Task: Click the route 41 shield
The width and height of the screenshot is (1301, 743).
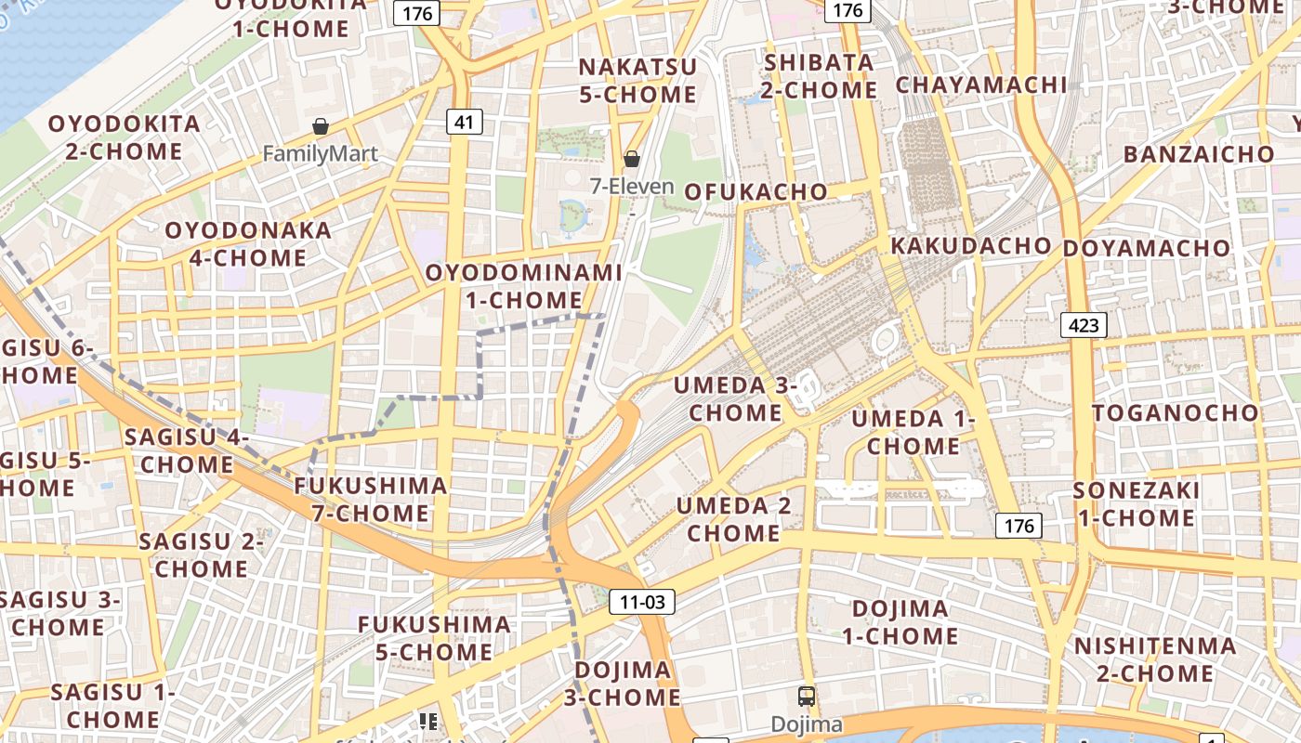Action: (x=465, y=121)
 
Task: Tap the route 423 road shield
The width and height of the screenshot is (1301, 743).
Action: (x=1084, y=325)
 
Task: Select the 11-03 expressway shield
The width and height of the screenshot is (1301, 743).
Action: (x=642, y=602)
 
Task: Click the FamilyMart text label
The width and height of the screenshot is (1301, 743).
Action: (x=321, y=153)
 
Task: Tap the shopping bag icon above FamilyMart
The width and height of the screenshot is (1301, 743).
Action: (x=321, y=126)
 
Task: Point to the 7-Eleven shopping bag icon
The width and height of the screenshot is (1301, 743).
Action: (x=632, y=159)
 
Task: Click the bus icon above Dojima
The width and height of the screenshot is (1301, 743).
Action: (x=807, y=696)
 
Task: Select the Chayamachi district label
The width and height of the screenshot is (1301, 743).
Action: (x=981, y=85)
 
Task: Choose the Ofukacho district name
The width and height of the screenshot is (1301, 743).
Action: (x=756, y=192)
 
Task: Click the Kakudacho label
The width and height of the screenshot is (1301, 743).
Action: (x=971, y=246)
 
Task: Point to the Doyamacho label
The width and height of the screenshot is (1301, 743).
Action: (x=1147, y=249)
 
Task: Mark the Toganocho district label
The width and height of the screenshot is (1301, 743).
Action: (x=1176, y=412)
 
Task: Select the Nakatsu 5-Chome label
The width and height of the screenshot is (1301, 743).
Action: (x=637, y=81)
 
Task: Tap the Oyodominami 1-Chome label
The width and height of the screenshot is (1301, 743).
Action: (x=524, y=286)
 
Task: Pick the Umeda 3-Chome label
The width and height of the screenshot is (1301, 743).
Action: (x=733, y=398)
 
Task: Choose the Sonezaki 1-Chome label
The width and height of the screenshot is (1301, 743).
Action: (x=1137, y=503)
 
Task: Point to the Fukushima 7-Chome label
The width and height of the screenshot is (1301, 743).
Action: (x=371, y=499)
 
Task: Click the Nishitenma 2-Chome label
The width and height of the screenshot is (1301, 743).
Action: (x=1155, y=658)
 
